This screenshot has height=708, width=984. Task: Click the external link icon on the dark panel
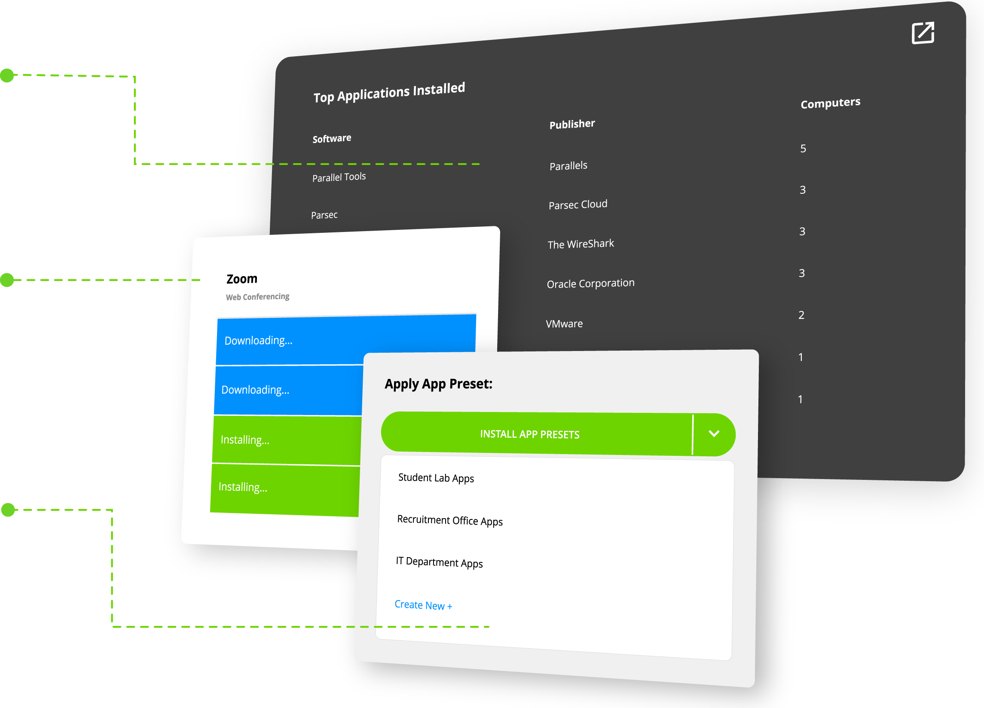[923, 33]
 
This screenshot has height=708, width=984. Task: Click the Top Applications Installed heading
[389, 92]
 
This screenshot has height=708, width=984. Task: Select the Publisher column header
[572, 124]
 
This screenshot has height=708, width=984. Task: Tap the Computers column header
[830, 103]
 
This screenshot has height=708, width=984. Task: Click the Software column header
[332, 138]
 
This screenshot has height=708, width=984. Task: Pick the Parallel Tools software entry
[339, 177]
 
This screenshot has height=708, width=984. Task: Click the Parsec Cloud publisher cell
[578, 204]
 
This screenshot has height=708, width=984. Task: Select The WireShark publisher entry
[581, 244]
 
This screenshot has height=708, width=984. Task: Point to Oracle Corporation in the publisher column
[590, 283]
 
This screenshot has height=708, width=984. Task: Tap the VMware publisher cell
[564, 323]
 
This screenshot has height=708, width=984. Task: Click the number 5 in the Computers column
[803, 149]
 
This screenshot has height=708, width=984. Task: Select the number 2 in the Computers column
[801, 315]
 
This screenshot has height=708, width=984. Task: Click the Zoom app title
[241, 279]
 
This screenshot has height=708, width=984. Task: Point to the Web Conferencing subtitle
[257, 297]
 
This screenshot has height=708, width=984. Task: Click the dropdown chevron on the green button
[714, 433]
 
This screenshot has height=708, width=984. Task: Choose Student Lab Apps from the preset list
[436, 478]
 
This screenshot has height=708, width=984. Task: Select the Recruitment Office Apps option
[449, 520]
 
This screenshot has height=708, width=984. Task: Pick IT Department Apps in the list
[439, 562]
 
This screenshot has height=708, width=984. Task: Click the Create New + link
[423, 605]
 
